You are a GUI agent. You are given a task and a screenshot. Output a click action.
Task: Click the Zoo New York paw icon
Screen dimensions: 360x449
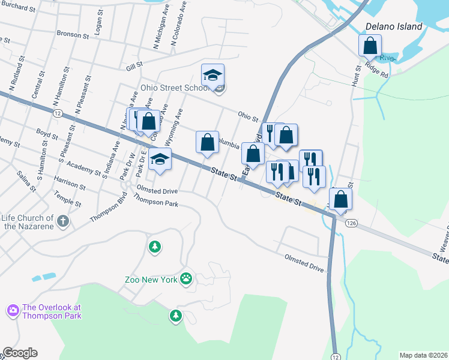point(187,278)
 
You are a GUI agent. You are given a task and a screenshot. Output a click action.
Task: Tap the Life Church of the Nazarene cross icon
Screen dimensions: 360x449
point(62,222)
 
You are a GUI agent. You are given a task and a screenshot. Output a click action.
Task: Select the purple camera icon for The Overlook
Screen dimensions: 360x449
point(13,310)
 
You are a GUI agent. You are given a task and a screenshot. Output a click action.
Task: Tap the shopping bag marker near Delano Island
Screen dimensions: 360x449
point(370,46)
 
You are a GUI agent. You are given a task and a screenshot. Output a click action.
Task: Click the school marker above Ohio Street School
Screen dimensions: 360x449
point(212,75)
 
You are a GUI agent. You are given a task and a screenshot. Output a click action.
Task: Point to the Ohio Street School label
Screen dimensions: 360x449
point(175,88)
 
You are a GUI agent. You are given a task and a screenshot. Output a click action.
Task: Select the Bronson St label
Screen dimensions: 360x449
point(73,35)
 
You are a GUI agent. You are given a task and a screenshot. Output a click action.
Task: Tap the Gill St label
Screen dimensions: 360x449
point(134,65)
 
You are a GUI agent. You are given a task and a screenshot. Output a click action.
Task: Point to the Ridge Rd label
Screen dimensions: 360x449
point(376,71)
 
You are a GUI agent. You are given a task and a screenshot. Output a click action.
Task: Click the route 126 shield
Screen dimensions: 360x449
point(352,223)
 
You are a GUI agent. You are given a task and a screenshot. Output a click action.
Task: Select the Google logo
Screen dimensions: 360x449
point(20,353)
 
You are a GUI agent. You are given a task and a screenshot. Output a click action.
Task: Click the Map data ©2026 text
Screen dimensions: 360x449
point(423,355)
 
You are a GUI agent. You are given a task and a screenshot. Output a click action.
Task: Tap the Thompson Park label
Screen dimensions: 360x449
point(158,203)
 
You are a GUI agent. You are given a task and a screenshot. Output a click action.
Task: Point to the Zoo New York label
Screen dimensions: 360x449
point(152,280)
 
